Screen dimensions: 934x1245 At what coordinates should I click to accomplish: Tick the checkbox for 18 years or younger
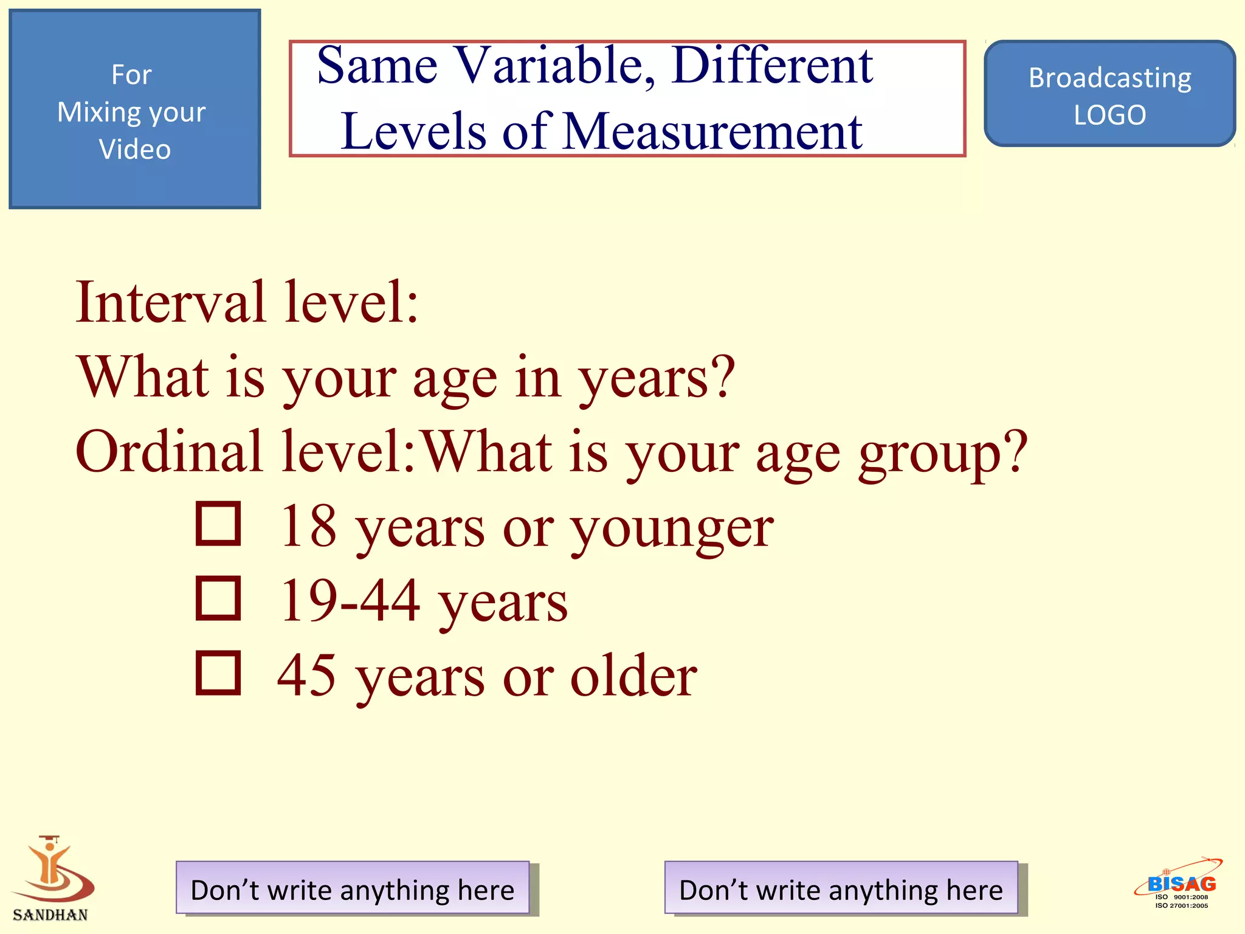point(218,524)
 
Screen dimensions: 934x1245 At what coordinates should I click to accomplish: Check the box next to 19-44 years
point(218,598)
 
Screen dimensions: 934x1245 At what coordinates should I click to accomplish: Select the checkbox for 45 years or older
point(218,673)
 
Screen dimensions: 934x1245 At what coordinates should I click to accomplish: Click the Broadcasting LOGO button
point(1109,94)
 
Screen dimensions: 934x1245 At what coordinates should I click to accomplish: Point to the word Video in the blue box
point(135,150)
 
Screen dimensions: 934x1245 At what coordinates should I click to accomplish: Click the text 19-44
point(350,601)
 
